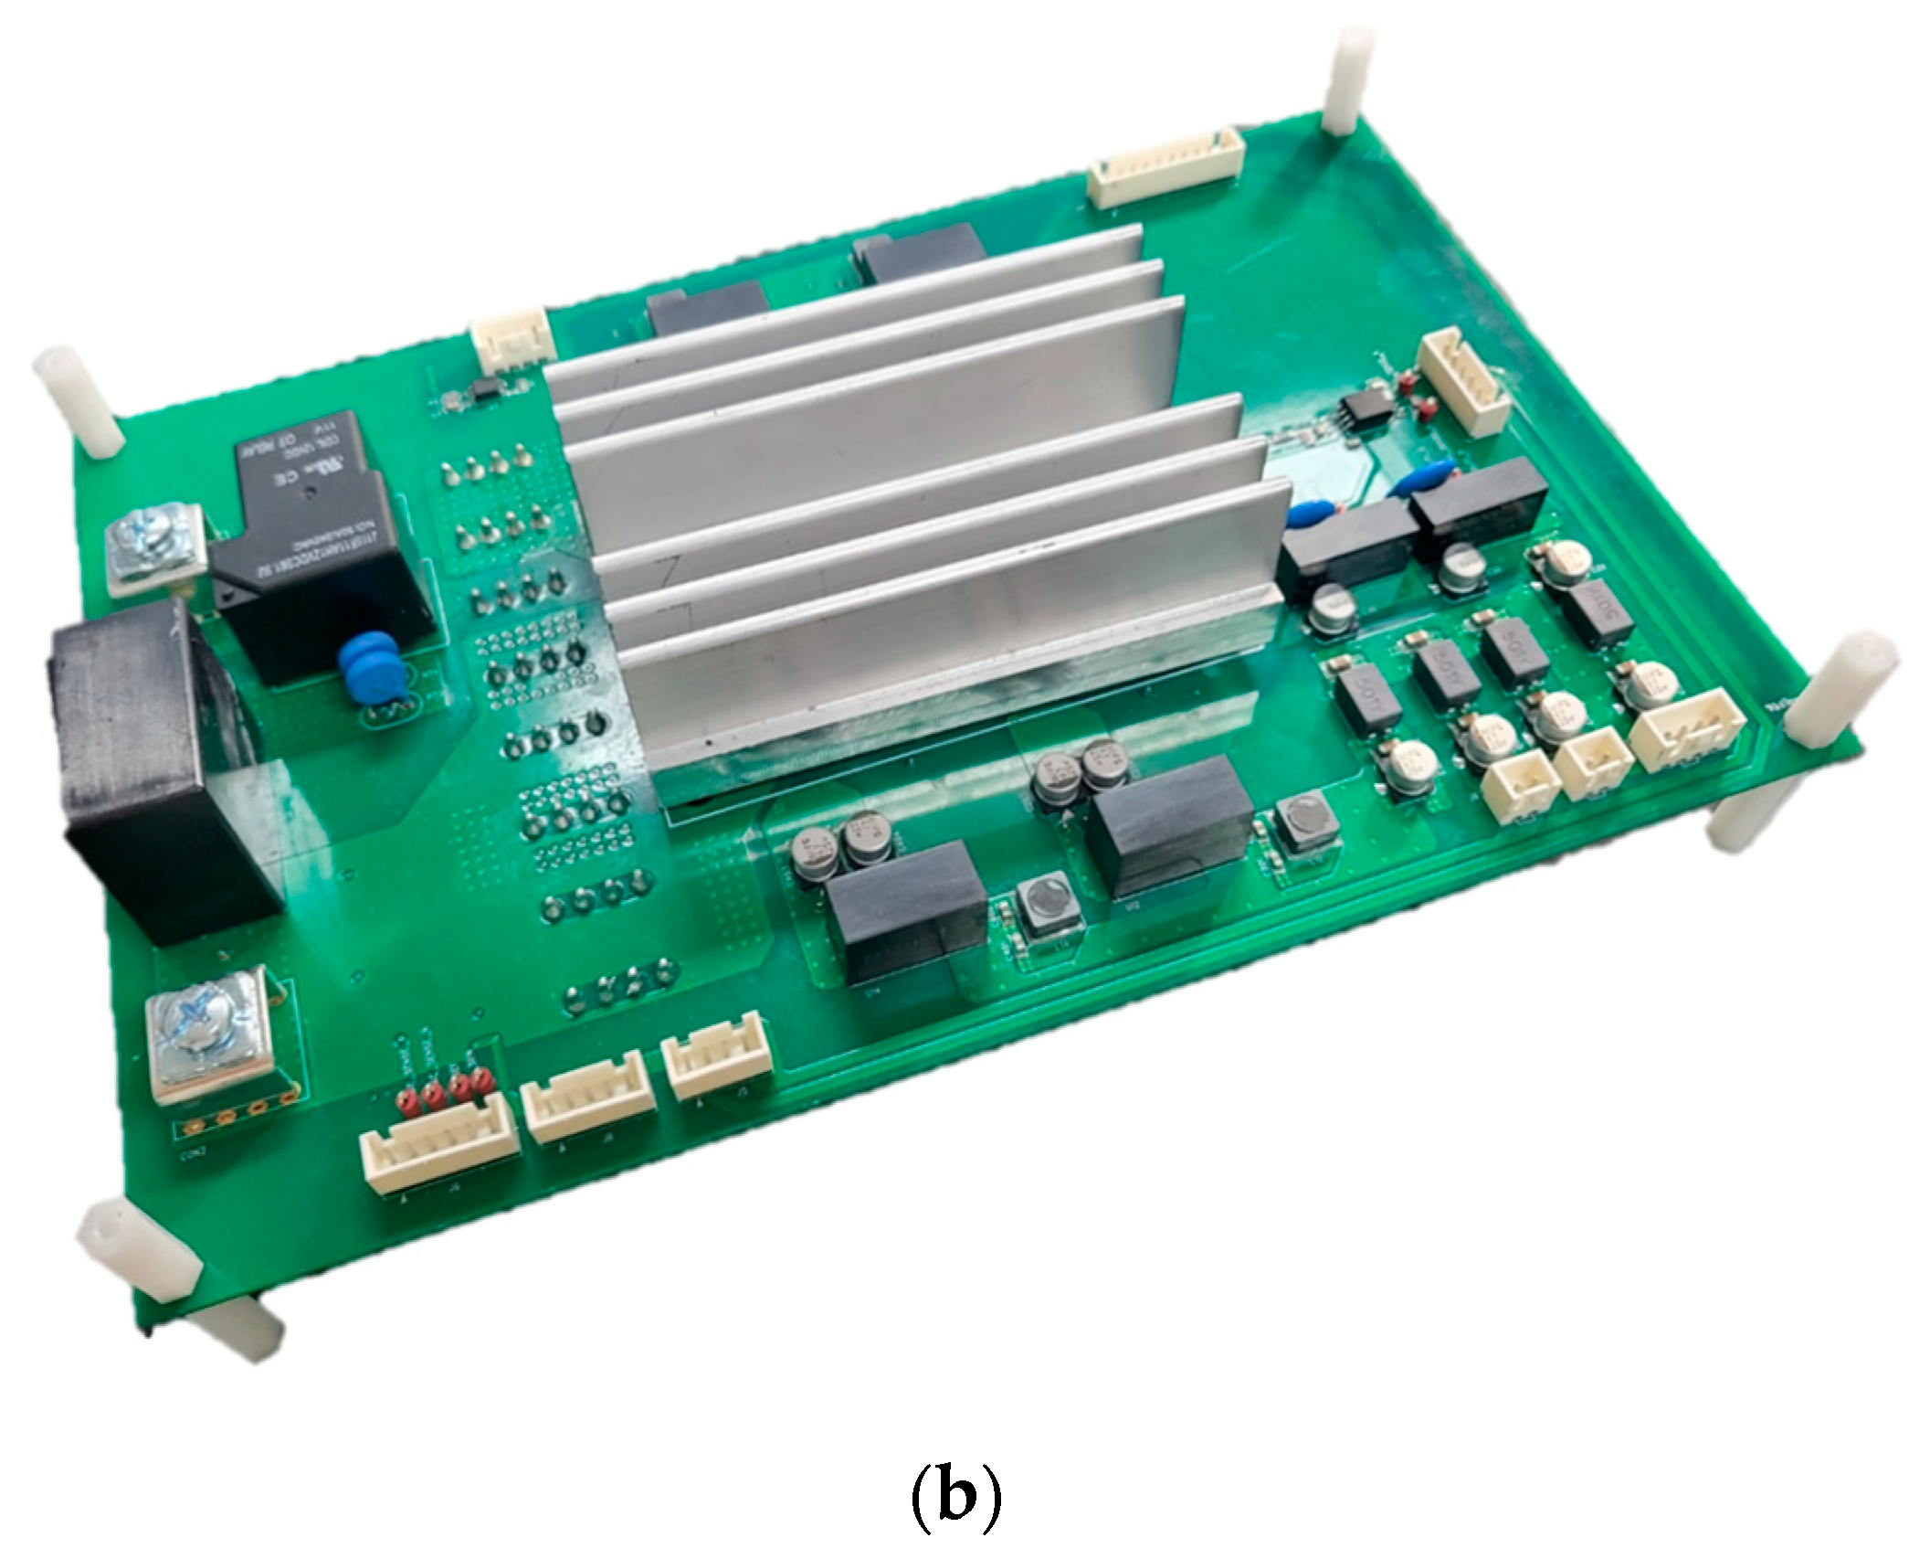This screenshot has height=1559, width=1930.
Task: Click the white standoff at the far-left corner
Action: (x=77, y=401)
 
